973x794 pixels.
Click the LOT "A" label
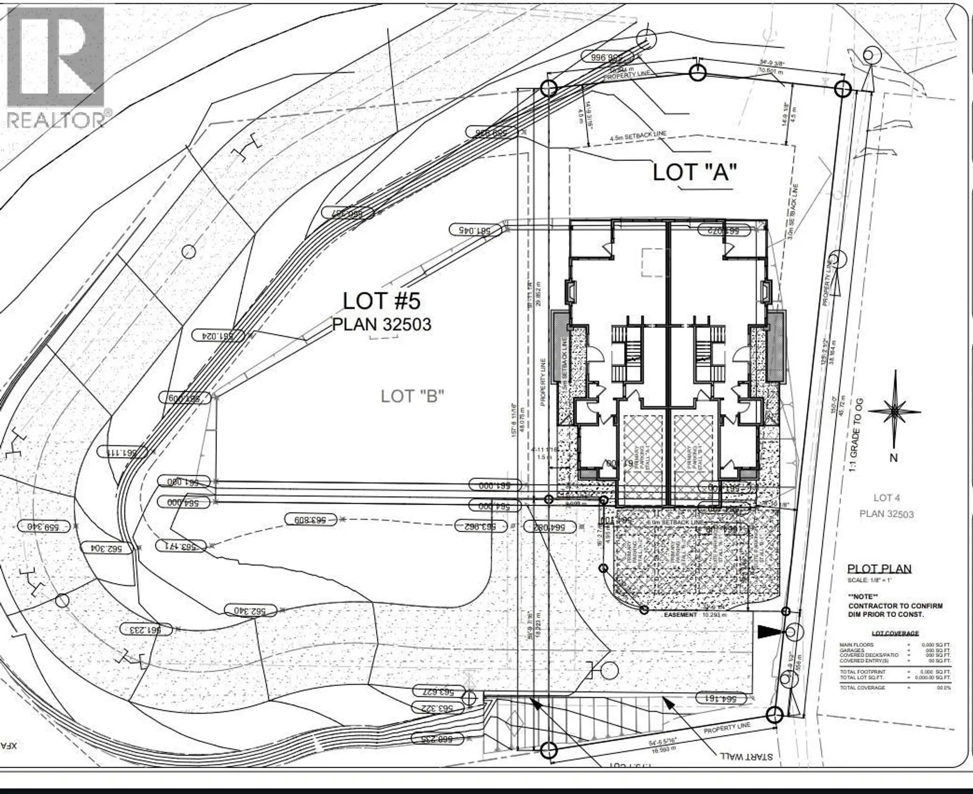[694, 172]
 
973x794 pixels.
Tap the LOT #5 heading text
[382, 300]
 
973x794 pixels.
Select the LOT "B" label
[413, 396]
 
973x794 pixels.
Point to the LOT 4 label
[887, 498]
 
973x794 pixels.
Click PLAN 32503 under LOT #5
[382, 324]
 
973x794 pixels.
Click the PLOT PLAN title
[879, 569]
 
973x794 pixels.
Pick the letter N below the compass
[893, 458]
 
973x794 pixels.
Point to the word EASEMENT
[681, 615]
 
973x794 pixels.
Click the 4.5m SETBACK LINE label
[638, 136]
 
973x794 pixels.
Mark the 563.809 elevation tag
[311, 519]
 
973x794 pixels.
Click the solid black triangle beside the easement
[767, 631]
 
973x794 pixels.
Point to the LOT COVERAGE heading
[895, 633]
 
